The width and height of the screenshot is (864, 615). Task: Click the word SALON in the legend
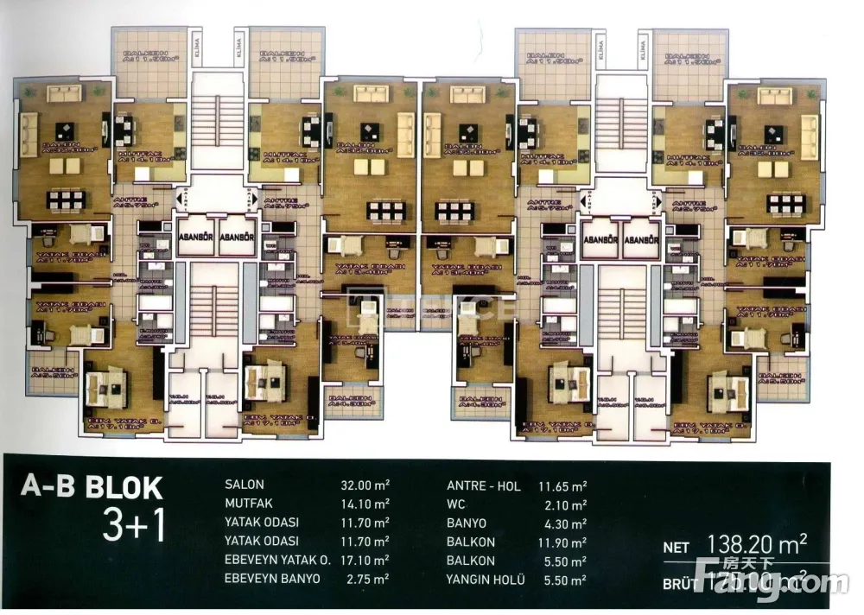(x=245, y=485)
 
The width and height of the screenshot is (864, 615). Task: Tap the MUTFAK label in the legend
(x=248, y=504)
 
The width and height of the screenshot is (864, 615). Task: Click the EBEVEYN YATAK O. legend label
(x=277, y=560)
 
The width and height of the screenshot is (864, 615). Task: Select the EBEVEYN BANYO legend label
(x=271, y=578)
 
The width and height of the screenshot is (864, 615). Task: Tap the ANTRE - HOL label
(x=484, y=486)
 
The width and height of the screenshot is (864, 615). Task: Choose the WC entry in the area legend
(x=457, y=504)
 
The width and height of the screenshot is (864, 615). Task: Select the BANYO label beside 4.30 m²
(x=467, y=523)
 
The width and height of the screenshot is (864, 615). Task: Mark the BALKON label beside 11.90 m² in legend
(x=471, y=542)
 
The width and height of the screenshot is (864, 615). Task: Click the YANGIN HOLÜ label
(x=486, y=580)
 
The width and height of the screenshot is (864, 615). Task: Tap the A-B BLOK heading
(x=92, y=488)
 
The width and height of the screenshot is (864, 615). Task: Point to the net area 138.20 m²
(x=757, y=544)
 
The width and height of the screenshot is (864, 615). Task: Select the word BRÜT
(x=680, y=584)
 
